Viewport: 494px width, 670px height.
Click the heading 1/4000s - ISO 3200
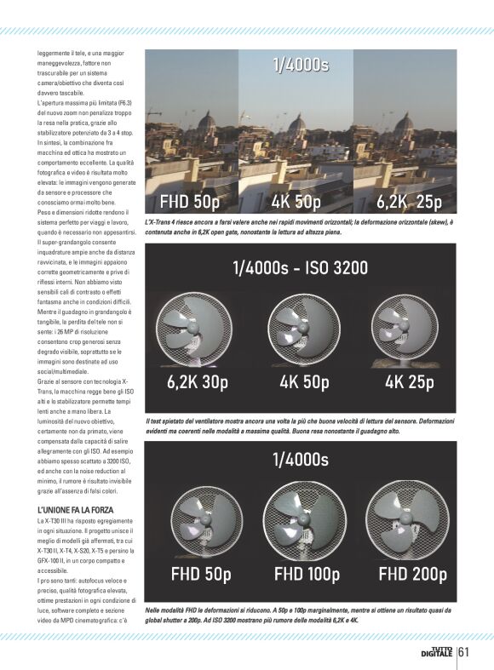(300, 268)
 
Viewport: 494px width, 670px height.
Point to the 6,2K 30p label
(198, 382)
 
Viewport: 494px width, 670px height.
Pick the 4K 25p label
(409, 382)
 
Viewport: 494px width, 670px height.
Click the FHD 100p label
(306, 574)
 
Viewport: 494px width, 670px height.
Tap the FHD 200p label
(412, 574)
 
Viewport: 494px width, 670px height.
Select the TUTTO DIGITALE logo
(438, 652)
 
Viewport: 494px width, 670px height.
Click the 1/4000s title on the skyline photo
(300, 65)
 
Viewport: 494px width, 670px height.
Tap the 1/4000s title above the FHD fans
(300, 461)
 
